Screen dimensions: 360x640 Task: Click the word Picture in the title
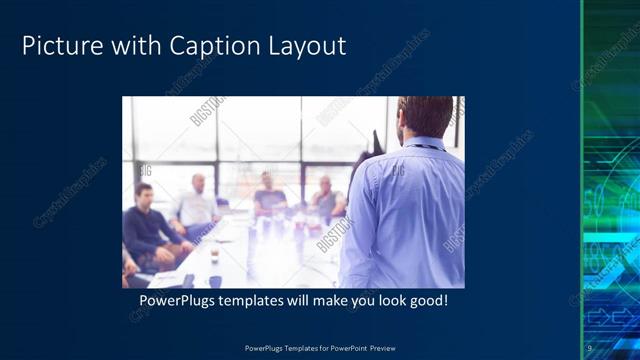click(x=59, y=46)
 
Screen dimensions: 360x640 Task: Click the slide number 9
click(x=590, y=348)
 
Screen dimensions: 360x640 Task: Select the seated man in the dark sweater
click(x=147, y=224)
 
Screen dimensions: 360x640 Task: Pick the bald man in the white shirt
click(x=196, y=205)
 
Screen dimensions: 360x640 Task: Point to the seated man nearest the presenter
click(x=326, y=198)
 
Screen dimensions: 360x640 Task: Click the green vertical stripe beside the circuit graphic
click(x=582, y=180)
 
